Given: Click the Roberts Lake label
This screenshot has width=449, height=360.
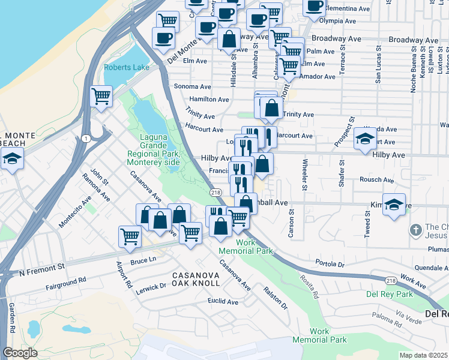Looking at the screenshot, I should pos(126,68).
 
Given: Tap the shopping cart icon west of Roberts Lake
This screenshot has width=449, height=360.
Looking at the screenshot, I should pos(101,96).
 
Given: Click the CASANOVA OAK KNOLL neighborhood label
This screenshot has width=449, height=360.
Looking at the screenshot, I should pos(196,280).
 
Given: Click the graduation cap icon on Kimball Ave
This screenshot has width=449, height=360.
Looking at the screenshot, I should pos(393,205).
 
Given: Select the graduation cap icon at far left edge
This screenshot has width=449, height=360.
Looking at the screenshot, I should pos(11,160).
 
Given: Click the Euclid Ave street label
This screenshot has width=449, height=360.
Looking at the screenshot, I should pos(223,301).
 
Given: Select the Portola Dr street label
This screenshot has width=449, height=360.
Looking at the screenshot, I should pos(330,263).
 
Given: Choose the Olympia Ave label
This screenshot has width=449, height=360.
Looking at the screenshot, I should pos(340,20).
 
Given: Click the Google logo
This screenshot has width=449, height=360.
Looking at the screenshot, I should pos(20,353).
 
